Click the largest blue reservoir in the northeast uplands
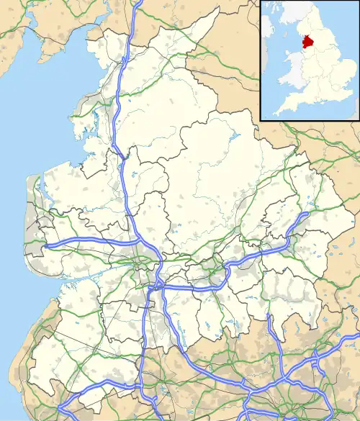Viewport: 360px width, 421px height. (235, 137)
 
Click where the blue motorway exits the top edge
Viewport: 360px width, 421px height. (139, 2)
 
